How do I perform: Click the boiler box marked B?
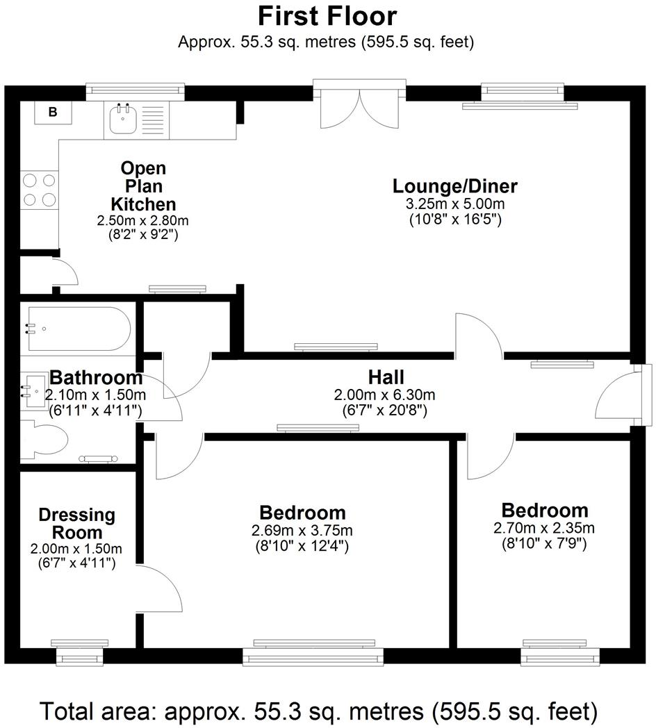pyautogui.click(x=53, y=112)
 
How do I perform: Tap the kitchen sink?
pyautogui.click(x=123, y=119)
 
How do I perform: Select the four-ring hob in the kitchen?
pyautogui.click(x=39, y=190)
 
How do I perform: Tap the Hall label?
pyautogui.click(x=386, y=378)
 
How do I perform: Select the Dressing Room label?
pyautogui.click(x=76, y=524)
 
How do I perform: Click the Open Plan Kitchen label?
pyautogui.click(x=143, y=186)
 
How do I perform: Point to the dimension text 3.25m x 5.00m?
pyautogui.click(x=454, y=205)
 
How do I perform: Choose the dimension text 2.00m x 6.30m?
pyautogui.click(x=385, y=395)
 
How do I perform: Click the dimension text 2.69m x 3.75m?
pyautogui.click(x=302, y=531)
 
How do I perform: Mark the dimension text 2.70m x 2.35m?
pyautogui.click(x=544, y=528)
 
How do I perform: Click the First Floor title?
pyautogui.click(x=327, y=15)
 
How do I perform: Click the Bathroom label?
pyautogui.click(x=96, y=379)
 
